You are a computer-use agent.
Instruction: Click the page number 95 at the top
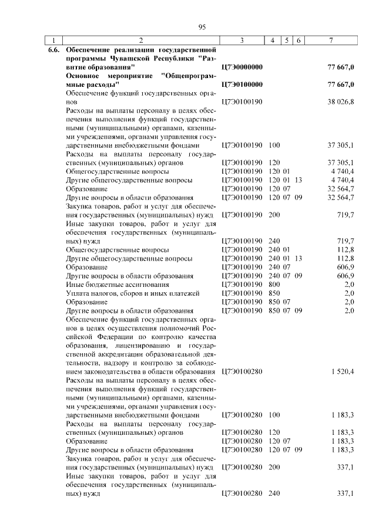(202, 26)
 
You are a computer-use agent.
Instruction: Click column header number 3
(242, 40)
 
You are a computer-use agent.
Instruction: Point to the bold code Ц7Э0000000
(243, 67)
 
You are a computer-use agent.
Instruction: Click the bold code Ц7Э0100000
(243, 84)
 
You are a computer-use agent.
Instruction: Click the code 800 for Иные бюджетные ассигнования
(274, 284)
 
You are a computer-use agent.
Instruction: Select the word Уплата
(78, 293)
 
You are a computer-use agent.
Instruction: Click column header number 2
(141, 40)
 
